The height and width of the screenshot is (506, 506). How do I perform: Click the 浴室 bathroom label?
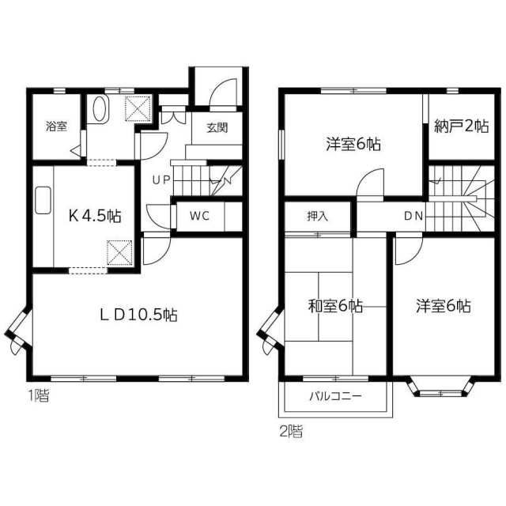(56, 126)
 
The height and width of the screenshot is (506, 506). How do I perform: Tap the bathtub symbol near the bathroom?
(100, 109)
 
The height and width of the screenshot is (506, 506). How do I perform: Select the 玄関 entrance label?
(217, 129)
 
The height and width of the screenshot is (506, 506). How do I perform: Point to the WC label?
(198, 217)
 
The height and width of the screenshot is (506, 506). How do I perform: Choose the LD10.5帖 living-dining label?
(138, 314)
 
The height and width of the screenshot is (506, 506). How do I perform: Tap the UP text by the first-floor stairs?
(161, 179)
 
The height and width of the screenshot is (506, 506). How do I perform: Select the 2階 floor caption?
(290, 432)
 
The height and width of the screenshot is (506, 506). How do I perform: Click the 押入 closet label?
(318, 215)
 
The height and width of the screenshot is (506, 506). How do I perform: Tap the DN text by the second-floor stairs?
(413, 215)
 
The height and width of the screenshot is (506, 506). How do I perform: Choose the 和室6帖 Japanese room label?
(335, 306)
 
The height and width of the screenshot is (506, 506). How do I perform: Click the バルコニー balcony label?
(335, 395)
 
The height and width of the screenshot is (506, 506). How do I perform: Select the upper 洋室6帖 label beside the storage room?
(353, 144)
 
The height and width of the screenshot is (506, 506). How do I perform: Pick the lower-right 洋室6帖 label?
(444, 306)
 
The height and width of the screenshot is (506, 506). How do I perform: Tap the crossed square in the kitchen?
(119, 253)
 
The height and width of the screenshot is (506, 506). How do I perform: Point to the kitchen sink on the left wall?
(43, 202)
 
